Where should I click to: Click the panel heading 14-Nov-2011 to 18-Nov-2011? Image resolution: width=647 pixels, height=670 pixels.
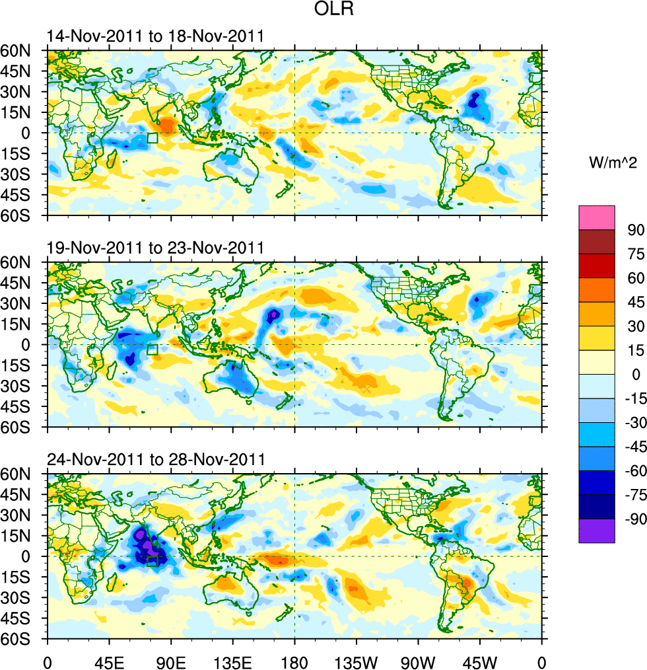156,36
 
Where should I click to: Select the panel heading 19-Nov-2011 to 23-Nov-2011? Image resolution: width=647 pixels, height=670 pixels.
156,248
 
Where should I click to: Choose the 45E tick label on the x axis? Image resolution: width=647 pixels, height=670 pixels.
109,661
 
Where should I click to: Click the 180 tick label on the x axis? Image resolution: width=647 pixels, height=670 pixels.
294,661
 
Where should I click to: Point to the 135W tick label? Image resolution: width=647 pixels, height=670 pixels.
357,661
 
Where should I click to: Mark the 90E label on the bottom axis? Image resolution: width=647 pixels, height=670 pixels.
171,661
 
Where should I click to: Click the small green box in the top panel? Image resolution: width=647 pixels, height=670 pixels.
153,138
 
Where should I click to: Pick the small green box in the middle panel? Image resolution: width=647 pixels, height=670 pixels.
153,350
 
